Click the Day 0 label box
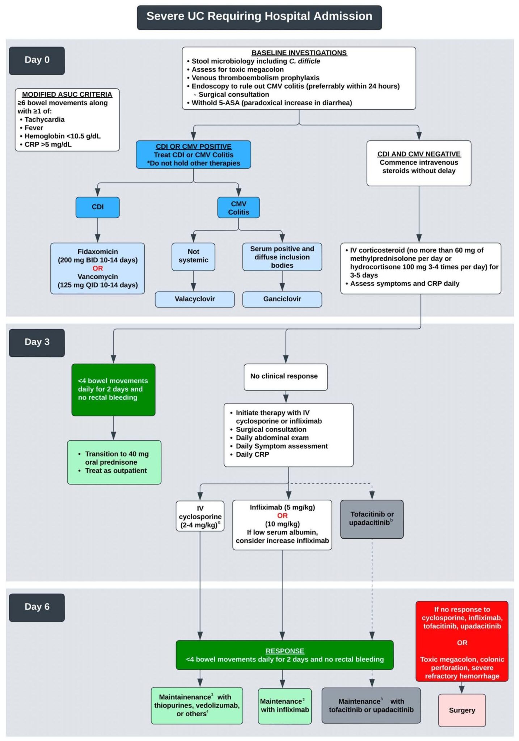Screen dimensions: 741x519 [x=37, y=60]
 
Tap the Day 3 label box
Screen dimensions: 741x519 [x=37, y=342]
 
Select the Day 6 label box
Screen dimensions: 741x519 [x=37, y=607]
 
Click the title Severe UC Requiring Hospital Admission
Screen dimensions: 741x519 [x=259, y=17]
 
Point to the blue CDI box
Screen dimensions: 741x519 [x=97, y=207]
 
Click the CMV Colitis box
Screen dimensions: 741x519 [x=238, y=208]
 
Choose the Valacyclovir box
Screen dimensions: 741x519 [x=195, y=299]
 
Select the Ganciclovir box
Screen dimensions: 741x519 [x=282, y=299]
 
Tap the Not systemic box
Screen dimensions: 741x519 [x=193, y=256]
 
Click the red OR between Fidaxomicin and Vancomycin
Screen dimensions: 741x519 [x=97, y=268]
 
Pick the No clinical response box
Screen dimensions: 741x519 [x=285, y=377]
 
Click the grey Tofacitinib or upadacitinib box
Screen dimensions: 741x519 [x=372, y=519]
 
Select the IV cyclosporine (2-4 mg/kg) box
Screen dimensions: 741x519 [x=200, y=516]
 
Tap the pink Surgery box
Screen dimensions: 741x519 [x=462, y=710]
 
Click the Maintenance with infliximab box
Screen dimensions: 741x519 [x=285, y=706]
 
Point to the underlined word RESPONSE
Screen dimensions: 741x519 [x=285, y=651]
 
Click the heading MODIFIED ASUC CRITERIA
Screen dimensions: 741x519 [x=67, y=94]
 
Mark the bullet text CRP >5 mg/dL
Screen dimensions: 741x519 [x=48, y=145]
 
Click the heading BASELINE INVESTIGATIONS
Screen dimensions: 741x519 [x=299, y=53]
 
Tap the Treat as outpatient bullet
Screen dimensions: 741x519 [x=116, y=471]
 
